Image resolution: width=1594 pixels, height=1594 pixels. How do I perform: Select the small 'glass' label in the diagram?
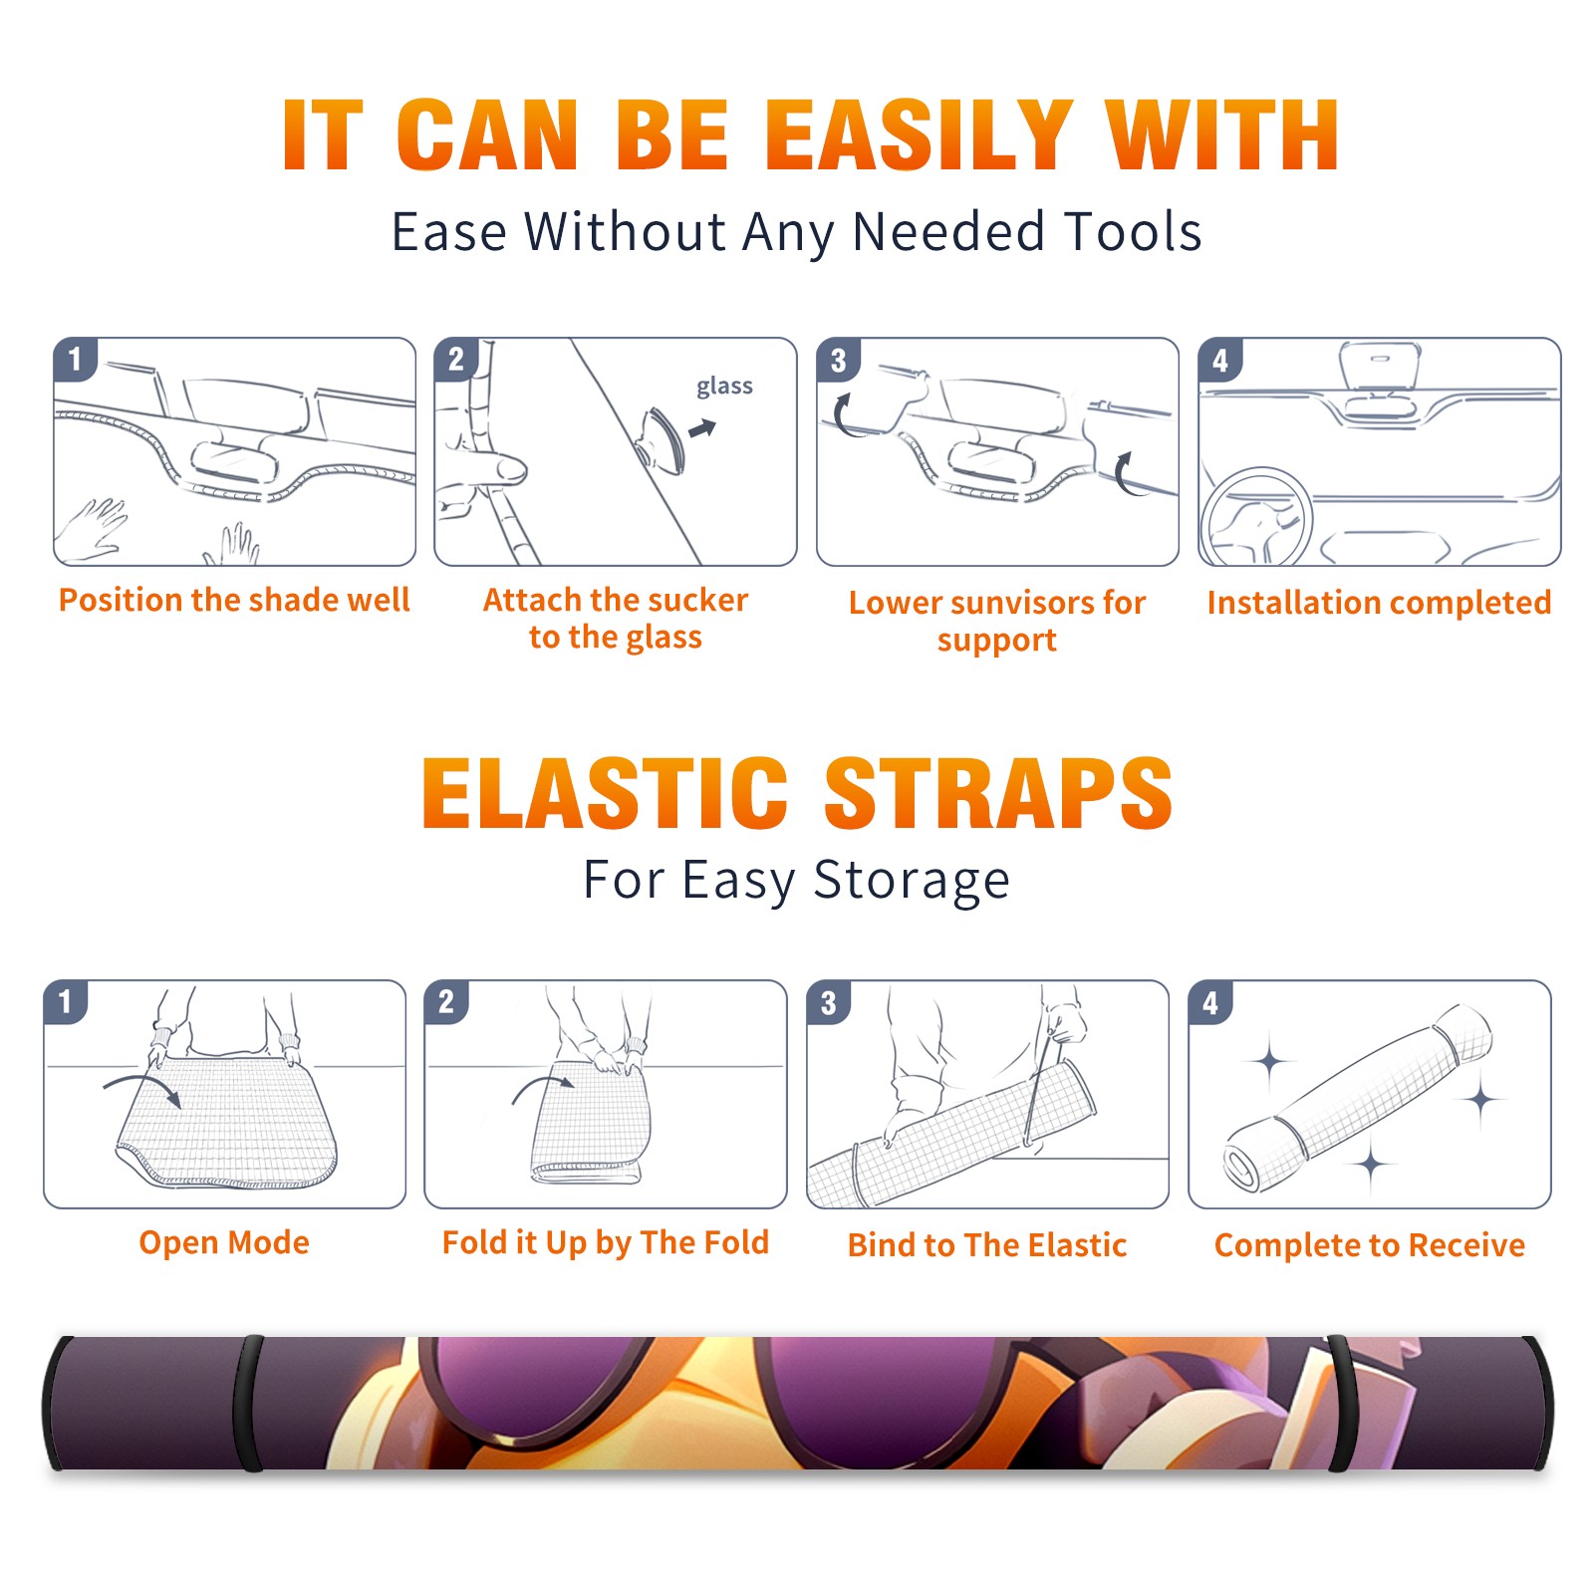(x=724, y=387)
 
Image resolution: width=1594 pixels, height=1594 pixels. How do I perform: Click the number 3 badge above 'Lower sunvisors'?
(x=839, y=360)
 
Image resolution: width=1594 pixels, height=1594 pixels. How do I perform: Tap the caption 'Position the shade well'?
(x=234, y=600)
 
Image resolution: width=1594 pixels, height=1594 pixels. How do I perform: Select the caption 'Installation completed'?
(x=1379, y=603)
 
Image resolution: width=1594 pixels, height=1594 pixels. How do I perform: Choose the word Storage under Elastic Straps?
(x=912, y=880)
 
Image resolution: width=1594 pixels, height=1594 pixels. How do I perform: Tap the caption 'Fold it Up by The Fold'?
(x=606, y=1242)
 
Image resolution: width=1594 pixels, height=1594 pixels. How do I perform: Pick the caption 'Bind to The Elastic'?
(x=987, y=1244)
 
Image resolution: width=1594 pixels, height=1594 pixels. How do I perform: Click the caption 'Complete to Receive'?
(x=1370, y=1245)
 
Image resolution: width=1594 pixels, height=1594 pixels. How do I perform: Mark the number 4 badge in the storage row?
(x=1211, y=1002)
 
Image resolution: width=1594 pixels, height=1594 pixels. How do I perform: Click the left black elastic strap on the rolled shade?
(x=249, y=1403)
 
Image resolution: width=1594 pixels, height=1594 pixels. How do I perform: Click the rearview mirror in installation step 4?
(x=1379, y=367)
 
